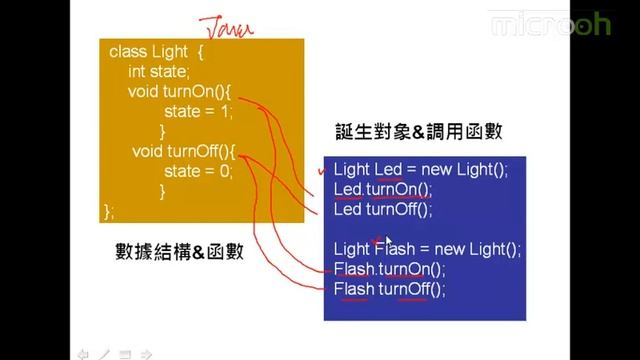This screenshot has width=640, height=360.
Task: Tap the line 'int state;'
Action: (158, 72)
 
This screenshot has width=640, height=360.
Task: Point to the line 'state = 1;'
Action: (198, 111)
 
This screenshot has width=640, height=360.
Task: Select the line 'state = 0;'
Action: (198, 171)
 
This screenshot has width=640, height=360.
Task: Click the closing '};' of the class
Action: (109, 211)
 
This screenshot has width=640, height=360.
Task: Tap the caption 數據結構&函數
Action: (179, 252)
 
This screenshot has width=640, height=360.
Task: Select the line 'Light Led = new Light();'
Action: (421, 170)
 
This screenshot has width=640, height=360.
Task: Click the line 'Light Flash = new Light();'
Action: (427, 250)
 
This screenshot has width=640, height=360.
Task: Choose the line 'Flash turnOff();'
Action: (390, 290)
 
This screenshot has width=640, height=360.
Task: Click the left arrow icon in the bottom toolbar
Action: (84, 352)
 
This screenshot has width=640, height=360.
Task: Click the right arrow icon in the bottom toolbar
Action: (146, 352)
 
